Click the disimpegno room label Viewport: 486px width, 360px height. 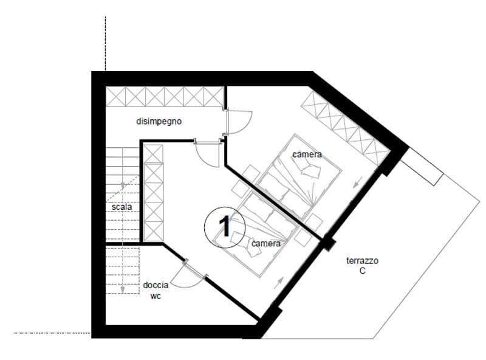[159, 122]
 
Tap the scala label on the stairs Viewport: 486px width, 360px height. [122, 207]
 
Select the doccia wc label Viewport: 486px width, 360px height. [156, 291]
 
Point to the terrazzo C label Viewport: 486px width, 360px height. [362, 266]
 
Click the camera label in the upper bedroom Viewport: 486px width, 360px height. [307, 154]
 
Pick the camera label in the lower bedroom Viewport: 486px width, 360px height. [266, 244]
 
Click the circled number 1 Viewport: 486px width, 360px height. [225, 227]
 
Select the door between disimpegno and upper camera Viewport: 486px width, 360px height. [238, 122]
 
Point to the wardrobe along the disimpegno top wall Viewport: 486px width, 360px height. [165, 97]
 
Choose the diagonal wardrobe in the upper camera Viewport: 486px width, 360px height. [345, 128]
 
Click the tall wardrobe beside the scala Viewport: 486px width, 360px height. [154, 193]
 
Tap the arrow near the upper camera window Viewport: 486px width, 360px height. [358, 182]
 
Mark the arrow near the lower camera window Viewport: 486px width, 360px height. [279, 283]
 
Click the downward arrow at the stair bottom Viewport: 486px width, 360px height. [123, 289]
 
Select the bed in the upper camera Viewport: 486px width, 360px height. [299, 176]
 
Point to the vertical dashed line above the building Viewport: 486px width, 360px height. [105, 44]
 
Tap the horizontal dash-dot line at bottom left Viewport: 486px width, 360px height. [52, 333]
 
